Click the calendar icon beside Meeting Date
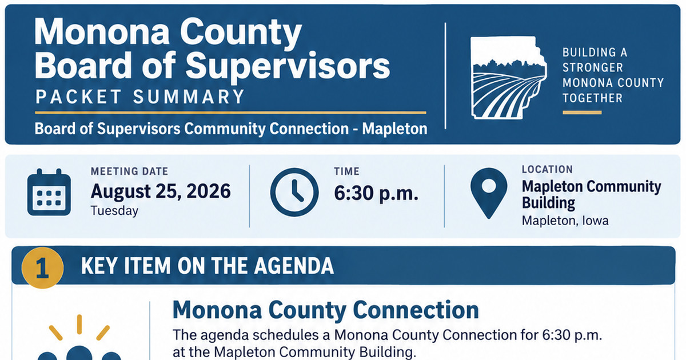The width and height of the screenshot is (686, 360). [x=49, y=192]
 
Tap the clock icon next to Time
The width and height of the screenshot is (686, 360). [x=294, y=192]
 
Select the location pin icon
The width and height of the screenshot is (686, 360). [x=489, y=193]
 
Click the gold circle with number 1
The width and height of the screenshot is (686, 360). [x=42, y=268]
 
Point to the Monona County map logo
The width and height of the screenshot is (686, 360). [x=508, y=78]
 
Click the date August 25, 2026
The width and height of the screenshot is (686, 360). [x=161, y=191]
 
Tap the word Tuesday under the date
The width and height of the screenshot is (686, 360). [x=114, y=211]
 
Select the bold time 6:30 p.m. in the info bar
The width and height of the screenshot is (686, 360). [x=376, y=193]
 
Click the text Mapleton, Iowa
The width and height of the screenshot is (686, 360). [x=565, y=221]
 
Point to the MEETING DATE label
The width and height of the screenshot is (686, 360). [x=130, y=171]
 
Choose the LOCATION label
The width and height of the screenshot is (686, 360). [x=547, y=169]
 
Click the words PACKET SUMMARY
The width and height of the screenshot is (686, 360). [x=140, y=97]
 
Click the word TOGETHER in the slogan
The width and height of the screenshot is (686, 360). [x=593, y=98]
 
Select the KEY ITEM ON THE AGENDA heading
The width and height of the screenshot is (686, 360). [x=208, y=266]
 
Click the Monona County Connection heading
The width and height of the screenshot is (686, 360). [x=325, y=310]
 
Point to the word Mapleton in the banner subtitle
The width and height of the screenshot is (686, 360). [x=395, y=129]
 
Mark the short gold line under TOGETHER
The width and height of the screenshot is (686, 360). [x=582, y=113]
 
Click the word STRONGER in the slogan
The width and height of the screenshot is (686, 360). [x=593, y=67]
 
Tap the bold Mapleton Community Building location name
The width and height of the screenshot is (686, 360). [x=591, y=195]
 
